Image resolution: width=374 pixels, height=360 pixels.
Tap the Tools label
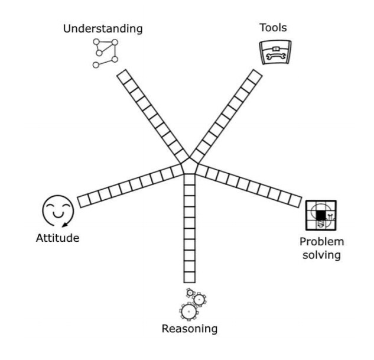click(x=274, y=27)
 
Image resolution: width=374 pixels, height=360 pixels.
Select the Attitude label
click(x=57, y=238)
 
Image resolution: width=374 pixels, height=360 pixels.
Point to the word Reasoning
click(x=190, y=329)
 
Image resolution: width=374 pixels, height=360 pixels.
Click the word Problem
click(x=322, y=242)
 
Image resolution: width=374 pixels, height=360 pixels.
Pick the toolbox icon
click(x=276, y=53)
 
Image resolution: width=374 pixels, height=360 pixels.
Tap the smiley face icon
click(x=57, y=210)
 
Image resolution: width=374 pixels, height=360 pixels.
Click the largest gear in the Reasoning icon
click(x=188, y=310)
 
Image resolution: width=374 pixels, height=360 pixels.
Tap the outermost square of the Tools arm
click(x=256, y=76)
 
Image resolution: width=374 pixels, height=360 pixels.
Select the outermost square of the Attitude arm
click(x=84, y=200)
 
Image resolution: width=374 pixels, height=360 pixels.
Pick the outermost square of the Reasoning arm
click(x=189, y=276)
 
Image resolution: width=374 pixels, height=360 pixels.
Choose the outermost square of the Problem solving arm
click(x=295, y=200)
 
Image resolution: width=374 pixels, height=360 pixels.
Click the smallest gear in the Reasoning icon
click(x=190, y=292)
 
